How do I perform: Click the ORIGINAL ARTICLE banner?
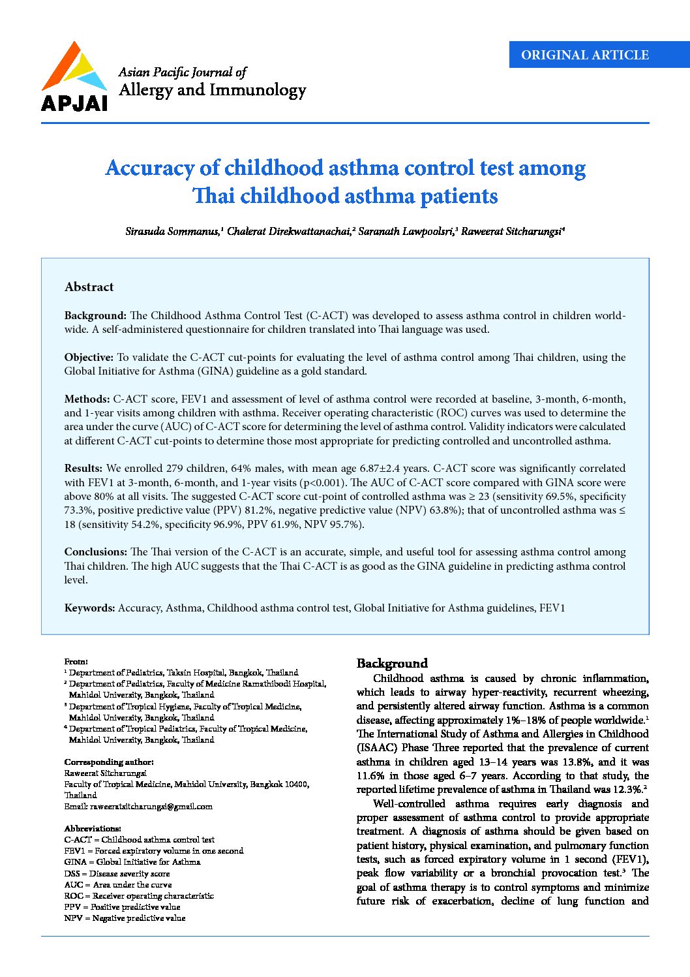584,55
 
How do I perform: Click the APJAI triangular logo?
73,69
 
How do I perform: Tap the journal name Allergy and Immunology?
212,90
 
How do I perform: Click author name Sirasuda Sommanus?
172,232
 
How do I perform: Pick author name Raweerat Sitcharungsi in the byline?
511,232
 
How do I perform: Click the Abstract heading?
89,287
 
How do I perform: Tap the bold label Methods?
87,399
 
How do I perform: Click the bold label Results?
83,468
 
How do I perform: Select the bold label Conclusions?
95,551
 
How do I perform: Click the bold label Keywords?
90,608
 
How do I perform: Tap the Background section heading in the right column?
392,663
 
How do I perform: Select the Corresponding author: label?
109,762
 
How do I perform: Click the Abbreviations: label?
93,828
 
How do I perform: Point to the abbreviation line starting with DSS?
117,873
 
